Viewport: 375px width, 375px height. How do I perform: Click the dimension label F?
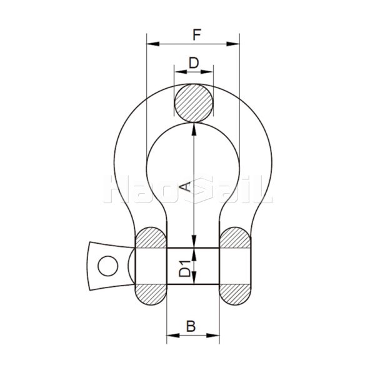pos(196,34)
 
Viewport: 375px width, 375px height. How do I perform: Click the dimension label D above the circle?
pos(193,62)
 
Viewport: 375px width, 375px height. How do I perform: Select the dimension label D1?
pos(185,267)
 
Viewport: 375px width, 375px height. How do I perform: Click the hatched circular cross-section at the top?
pos(194,102)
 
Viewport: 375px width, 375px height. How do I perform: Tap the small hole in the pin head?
pos(107,265)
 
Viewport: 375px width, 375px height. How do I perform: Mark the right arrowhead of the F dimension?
pos(236,44)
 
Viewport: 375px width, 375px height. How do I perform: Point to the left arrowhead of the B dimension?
pos(170,337)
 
